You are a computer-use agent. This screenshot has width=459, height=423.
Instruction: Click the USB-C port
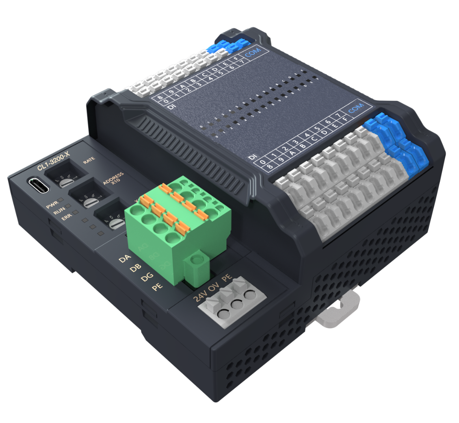(x=39, y=185)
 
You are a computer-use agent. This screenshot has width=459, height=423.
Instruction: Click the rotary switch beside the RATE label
(x=65, y=179)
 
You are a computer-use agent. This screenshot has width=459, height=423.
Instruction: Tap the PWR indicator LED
(x=61, y=200)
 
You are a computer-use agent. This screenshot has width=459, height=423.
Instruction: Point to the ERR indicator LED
(x=76, y=214)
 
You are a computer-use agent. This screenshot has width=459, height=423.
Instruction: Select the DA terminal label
(x=124, y=259)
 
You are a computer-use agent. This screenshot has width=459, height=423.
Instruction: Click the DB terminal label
(x=135, y=268)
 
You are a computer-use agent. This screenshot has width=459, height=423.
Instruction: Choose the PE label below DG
(x=158, y=287)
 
